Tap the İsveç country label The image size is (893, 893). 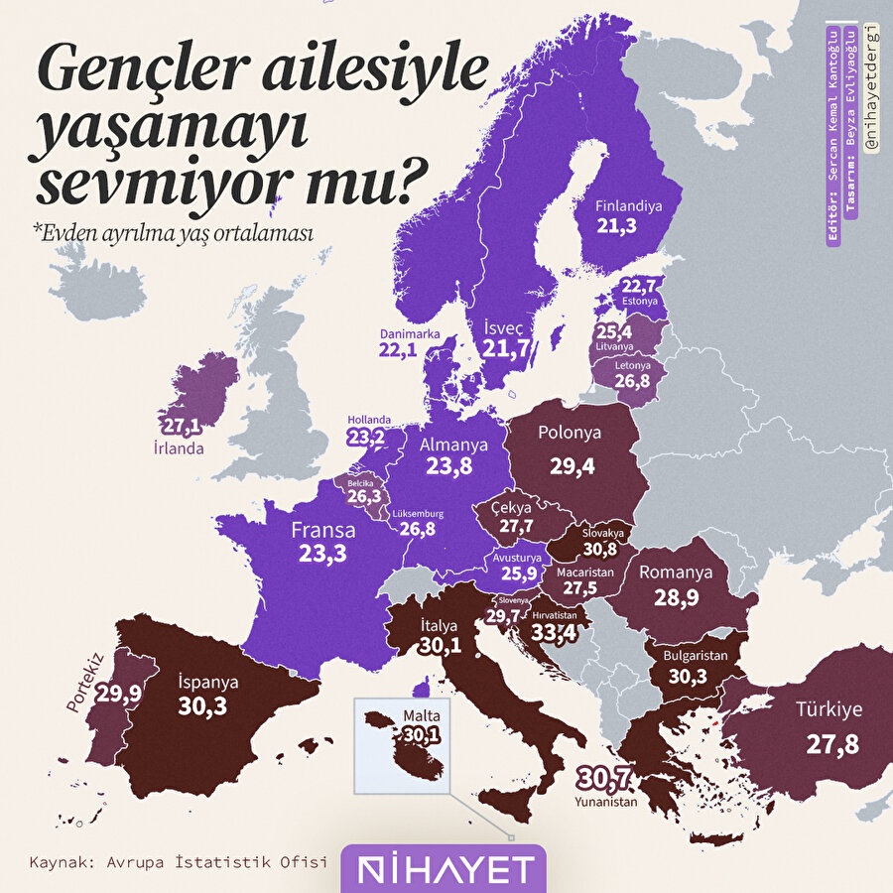point(504,326)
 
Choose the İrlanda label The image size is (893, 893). point(179,448)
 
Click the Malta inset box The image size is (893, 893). point(404,745)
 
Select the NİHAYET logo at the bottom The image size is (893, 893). point(444,869)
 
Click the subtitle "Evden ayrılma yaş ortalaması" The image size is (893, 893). point(173,232)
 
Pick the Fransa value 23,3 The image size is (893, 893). point(322,554)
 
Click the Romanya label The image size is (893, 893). point(676,573)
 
